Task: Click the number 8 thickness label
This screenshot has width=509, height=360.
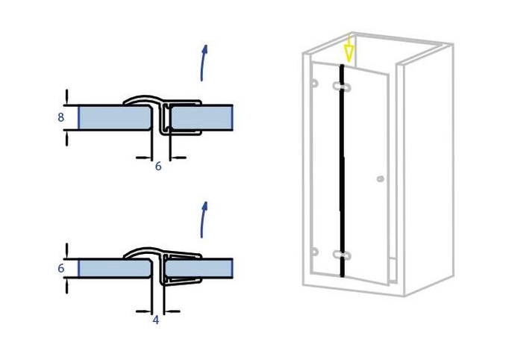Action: pyautogui.click(x=60, y=117)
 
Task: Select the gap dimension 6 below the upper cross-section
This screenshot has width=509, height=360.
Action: pyautogui.click(x=158, y=166)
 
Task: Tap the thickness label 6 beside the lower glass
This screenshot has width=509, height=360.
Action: pyautogui.click(x=60, y=268)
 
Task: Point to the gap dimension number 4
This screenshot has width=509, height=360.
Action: pyautogui.click(x=156, y=320)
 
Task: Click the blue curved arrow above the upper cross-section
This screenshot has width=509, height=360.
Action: pyautogui.click(x=203, y=63)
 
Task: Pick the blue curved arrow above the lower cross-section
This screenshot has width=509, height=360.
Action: pyautogui.click(x=203, y=220)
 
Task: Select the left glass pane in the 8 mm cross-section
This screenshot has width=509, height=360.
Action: pyautogui.click(x=115, y=117)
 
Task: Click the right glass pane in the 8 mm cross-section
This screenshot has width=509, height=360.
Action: pyautogui.click(x=202, y=117)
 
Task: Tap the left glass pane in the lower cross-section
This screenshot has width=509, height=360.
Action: pyautogui.click(x=115, y=268)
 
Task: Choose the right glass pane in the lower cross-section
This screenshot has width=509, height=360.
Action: pyautogui.click(x=199, y=268)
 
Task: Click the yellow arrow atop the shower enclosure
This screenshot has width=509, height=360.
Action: pyautogui.click(x=349, y=48)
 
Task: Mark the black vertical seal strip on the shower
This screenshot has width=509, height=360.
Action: pyautogui.click(x=342, y=170)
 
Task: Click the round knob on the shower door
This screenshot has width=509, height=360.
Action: pyautogui.click(x=381, y=179)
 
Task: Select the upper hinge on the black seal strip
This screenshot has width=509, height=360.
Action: pyautogui.click(x=342, y=87)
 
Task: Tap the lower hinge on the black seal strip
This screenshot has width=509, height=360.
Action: pyautogui.click(x=342, y=255)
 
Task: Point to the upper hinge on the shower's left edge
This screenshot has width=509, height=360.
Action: pyautogui.click(x=314, y=83)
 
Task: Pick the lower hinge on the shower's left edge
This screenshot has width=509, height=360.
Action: pyautogui.click(x=314, y=252)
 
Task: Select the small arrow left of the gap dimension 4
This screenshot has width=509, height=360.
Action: pyautogui.click(x=143, y=311)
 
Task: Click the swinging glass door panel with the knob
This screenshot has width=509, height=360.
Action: pyautogui.click(x=366, y=176)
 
